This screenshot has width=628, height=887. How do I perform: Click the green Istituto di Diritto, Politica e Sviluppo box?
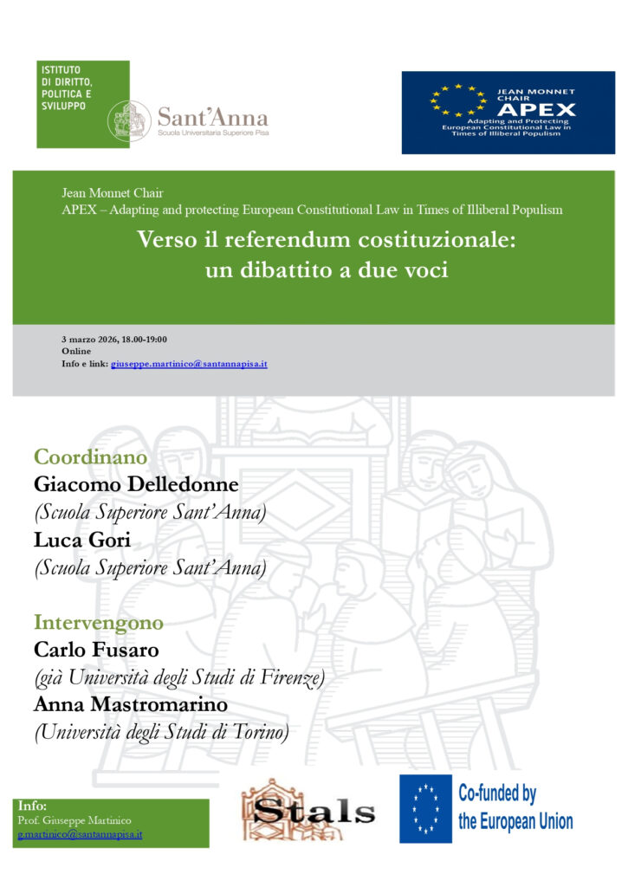[x=82, y=104]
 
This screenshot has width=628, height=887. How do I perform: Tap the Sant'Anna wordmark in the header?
[x=212, y=118]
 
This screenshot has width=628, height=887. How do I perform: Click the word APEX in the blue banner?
[x=537, y=109]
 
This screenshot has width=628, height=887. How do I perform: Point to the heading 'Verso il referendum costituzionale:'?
[x=326, y=241]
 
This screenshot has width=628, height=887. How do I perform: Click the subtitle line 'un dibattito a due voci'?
[x=326, y=269]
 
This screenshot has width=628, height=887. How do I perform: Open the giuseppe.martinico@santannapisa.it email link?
[x=189, y=364]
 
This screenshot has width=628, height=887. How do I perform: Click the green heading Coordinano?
[x=90, y=456]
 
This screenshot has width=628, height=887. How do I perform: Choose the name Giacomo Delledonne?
[x=135, y=484]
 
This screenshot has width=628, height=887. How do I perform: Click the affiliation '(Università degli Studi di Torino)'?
[x=161, y=733]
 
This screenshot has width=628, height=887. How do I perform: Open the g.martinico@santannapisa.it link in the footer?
[x=80, y=835]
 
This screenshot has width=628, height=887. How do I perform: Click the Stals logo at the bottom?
[x=308, y=813]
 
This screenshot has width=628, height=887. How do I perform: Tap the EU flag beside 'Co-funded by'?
[x=424, y=809]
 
